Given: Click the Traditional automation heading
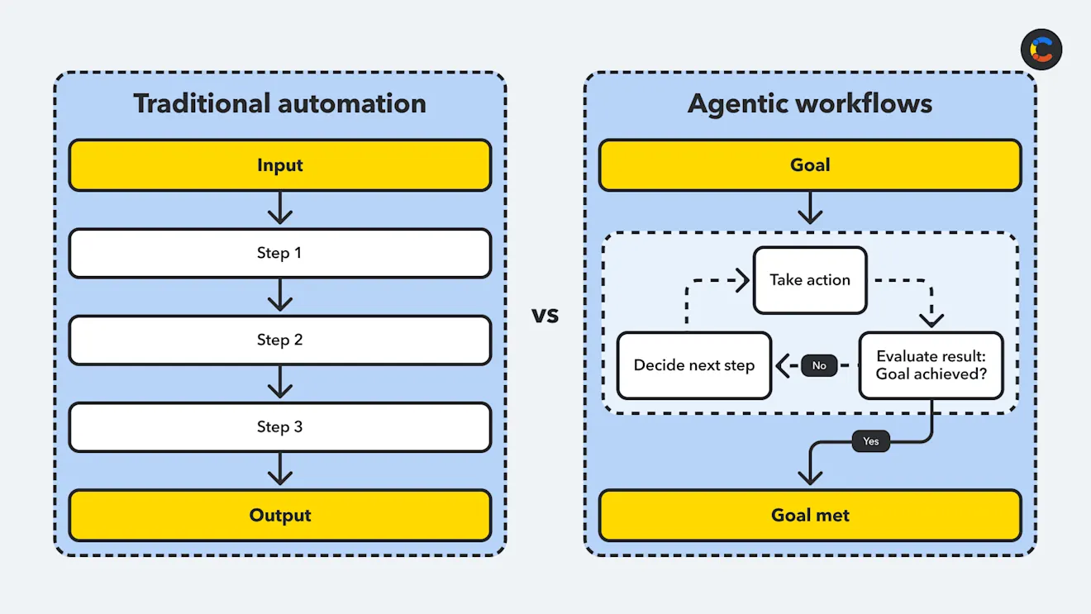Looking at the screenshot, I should click(279, 103).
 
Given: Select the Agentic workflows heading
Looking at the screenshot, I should click(809, 103).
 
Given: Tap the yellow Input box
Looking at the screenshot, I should click(279, 165).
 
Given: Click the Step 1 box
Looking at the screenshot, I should click(279, 253).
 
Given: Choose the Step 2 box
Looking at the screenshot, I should click(279, 340).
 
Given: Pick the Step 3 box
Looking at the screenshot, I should click(279, 427).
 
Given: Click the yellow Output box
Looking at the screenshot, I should click(279, 516).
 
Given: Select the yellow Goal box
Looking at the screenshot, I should click(809, 165).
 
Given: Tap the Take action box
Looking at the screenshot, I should click(809, 280).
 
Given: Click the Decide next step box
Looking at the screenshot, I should click(693, 365).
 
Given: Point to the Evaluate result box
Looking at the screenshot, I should click(931, 365).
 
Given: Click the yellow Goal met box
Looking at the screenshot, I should click(809, 516).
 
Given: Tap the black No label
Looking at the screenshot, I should click(819, 365).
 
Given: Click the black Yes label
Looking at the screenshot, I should click(870, 441).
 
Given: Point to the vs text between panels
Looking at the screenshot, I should click(545, 315).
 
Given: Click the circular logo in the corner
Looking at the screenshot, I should click(1041, 50).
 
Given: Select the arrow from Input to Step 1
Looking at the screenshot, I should click(280, 209).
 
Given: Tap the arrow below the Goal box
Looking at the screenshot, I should click(810, 209).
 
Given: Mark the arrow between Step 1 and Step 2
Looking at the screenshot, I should click(280, 296).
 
